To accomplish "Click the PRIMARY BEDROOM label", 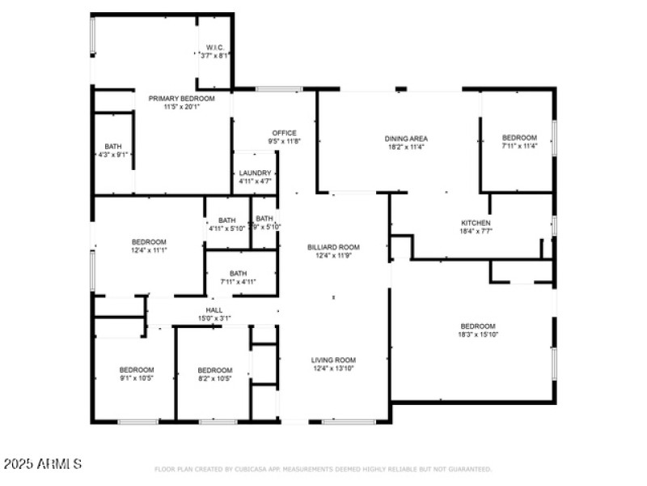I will (x=182, y=98).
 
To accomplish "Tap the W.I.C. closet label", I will (x=214, y=46).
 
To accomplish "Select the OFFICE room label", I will (x=284, y=133).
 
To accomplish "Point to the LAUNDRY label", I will (x=255, y=173).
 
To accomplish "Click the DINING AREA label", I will (x=405, y=139).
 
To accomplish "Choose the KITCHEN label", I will (x=476, y=223).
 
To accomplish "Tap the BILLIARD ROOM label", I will (x=333, y=247).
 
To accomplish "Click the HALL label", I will (x=214, y=310).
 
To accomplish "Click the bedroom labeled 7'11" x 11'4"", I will (x=518, y=138).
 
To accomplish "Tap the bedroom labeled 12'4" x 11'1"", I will (x=149, y=242).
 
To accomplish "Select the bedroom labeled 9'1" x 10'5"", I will (x=137, y=370).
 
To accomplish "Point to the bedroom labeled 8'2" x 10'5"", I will (x=215, y=370).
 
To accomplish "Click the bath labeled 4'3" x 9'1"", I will (x=113, y=147).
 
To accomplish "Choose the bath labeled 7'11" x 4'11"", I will (x=238, y=274).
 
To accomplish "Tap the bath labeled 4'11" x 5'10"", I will (x=226, y=220).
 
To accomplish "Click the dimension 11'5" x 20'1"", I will (x=182, y=106).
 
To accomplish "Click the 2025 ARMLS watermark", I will (x=42, y=464).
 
